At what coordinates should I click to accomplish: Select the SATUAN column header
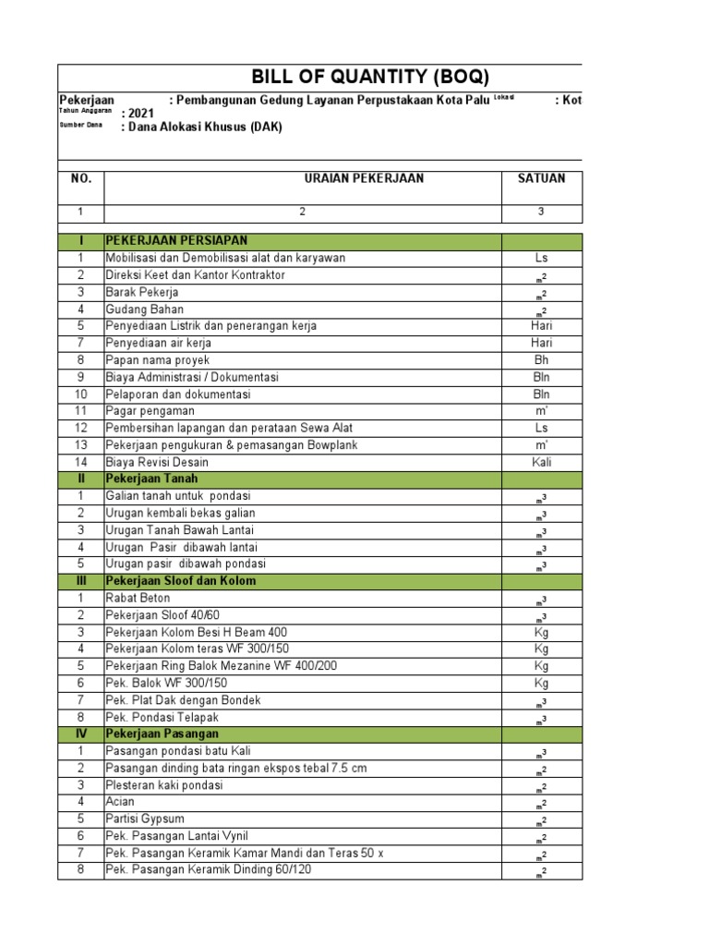[541, 178]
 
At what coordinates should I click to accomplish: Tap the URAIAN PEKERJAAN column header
[364, 178]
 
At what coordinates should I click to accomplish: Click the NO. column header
[81, 178]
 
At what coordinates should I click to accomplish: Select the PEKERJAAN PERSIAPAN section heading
[176, 241]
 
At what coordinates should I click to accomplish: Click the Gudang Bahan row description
[144, 309]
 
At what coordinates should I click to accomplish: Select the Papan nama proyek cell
[157, 360]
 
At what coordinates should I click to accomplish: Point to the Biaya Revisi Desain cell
[157, 462]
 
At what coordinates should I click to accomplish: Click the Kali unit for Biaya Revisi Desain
[541, 462]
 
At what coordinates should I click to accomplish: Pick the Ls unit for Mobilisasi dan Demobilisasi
[541, 259]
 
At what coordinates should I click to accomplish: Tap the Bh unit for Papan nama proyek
[541, 360]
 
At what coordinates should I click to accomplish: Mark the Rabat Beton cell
[138, 598]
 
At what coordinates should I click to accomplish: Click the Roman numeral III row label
[81, 581]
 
